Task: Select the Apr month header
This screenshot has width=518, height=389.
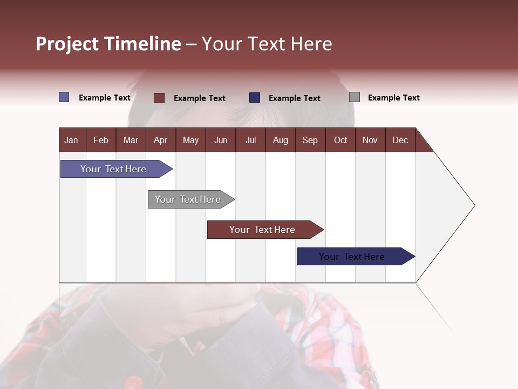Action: point(161,140)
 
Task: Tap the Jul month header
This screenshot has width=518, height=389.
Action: point(251,140)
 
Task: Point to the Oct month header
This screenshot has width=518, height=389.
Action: point(340,140)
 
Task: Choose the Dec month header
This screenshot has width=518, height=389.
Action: point(400,140)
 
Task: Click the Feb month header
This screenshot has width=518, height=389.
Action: point(101,140)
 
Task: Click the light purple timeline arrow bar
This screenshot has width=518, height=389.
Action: point(117,169)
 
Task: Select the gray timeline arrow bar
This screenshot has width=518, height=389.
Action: point(191,199)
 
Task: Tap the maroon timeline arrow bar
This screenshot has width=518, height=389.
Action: point(265,230)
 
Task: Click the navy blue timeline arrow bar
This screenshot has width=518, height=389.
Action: point(356,256)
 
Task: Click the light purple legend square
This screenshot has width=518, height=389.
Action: point(64,97)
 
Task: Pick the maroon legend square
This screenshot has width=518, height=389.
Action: point(159,98)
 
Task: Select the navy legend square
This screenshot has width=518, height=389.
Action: point(255,98)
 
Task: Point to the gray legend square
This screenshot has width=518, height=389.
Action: point(355,97)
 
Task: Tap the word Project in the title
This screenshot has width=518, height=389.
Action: point(67,44)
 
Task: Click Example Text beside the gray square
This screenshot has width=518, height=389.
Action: point(394,98)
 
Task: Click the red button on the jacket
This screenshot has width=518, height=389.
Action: point(133,383)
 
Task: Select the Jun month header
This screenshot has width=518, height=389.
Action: point(221,140)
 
